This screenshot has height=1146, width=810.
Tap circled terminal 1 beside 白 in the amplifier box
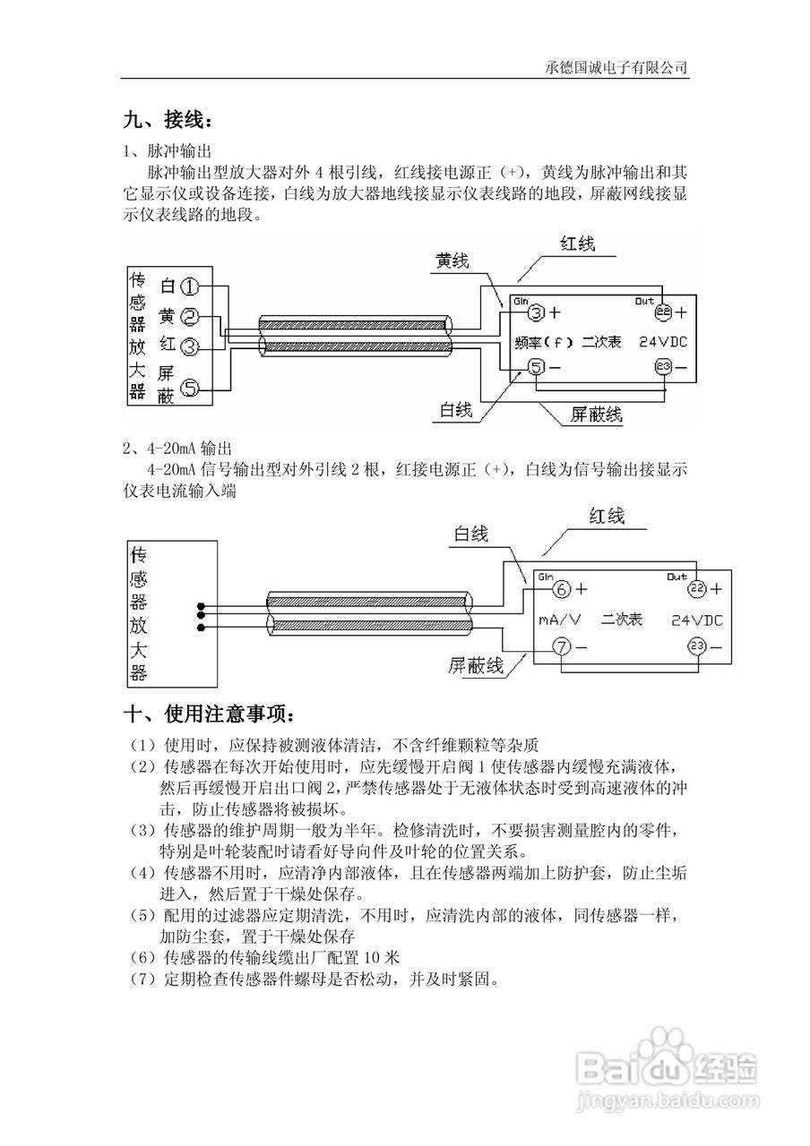[x=189, y=286]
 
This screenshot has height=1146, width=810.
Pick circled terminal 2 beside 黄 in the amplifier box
[x=189, y=316]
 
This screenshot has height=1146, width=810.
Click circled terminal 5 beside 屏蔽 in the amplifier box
[x=189, y=388]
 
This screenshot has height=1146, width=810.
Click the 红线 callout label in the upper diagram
[x=578, y=244]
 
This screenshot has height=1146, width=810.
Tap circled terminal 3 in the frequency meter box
[x=535, y=312]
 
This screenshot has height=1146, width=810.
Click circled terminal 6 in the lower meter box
[x=560, y=589]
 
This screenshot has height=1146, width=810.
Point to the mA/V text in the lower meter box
[x=559, y=619]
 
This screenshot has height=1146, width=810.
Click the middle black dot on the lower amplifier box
[x=201, y=615]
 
